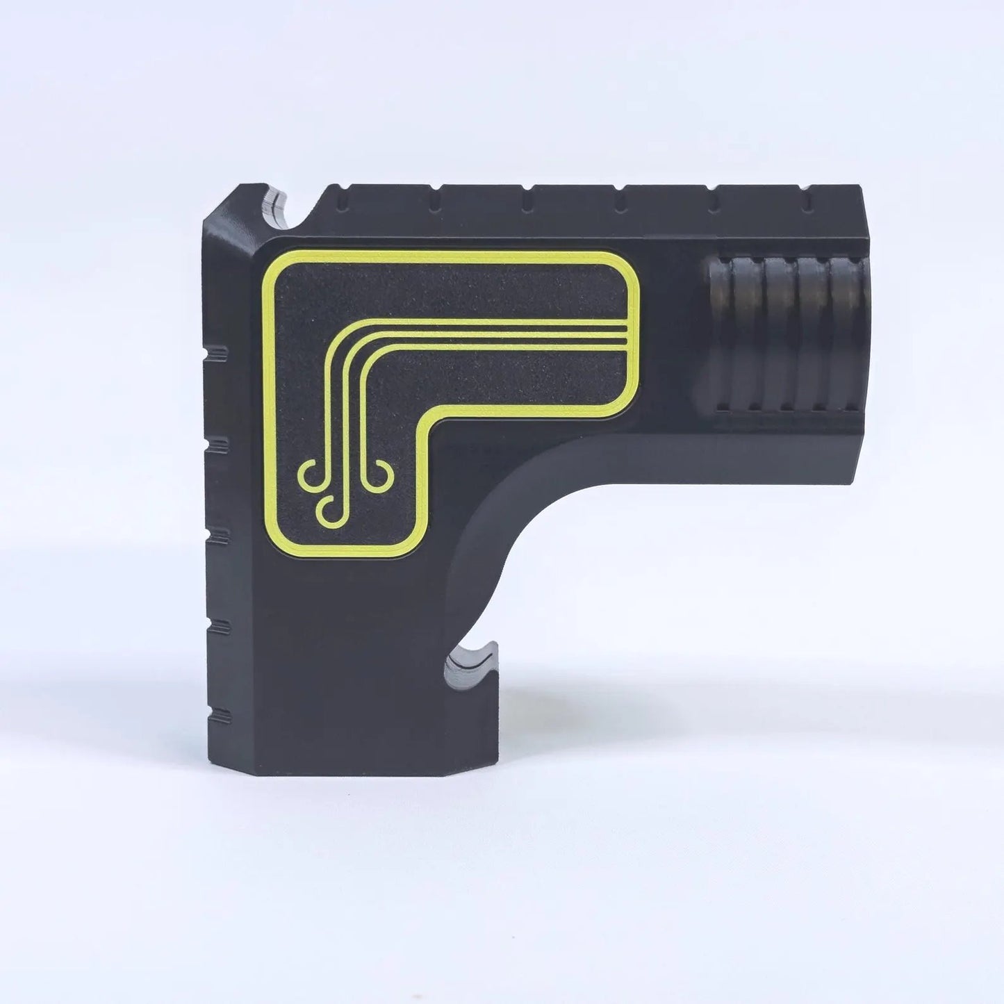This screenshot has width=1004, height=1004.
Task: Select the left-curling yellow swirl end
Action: (309, 475)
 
